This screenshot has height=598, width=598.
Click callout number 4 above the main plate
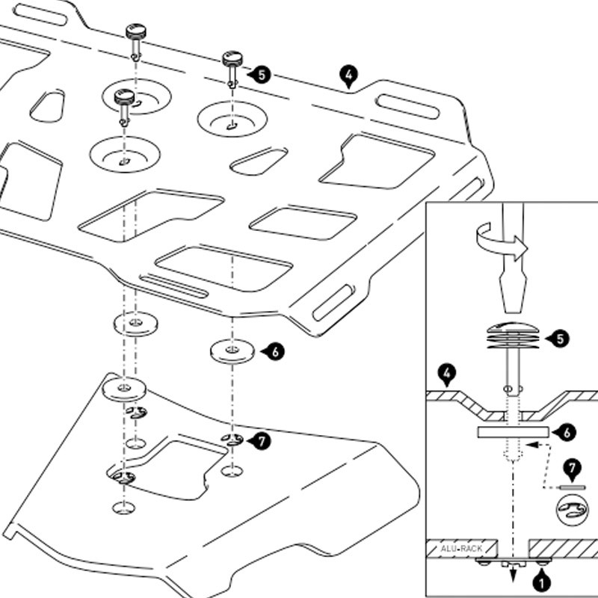[x=348, y=74]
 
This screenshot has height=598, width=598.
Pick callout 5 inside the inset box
[x=561, y=339]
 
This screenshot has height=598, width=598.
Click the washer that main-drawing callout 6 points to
[x=232, y=351]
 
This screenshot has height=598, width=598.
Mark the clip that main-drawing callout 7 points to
[x=232, y=440]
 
